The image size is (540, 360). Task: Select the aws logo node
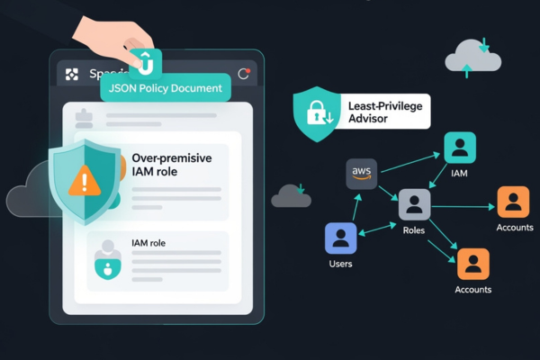click(x=362, y=174)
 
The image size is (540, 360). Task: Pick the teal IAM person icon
click(x=460, y=148)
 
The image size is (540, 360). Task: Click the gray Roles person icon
click(x=414, y=205)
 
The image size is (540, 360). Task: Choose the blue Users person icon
click(x=341, y=238)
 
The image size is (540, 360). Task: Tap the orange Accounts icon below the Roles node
click(x=472, y=265)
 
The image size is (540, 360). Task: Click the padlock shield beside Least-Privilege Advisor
click(x=316, y=113)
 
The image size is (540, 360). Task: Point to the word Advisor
click(x=368, y=121)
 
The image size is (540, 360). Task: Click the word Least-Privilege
click(x=383, y=106)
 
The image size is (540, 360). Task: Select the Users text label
click(x=341, y=264)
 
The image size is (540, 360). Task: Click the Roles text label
click(x=414, y=230)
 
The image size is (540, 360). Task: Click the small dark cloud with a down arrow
click(x=291, y=194)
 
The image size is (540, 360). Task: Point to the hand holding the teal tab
click(x=117, y=31)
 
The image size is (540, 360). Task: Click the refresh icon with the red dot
click(x=243, y=74)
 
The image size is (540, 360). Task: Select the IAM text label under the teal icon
click(x=460, y=172)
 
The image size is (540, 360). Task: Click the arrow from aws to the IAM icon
click(x=408, y=159)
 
